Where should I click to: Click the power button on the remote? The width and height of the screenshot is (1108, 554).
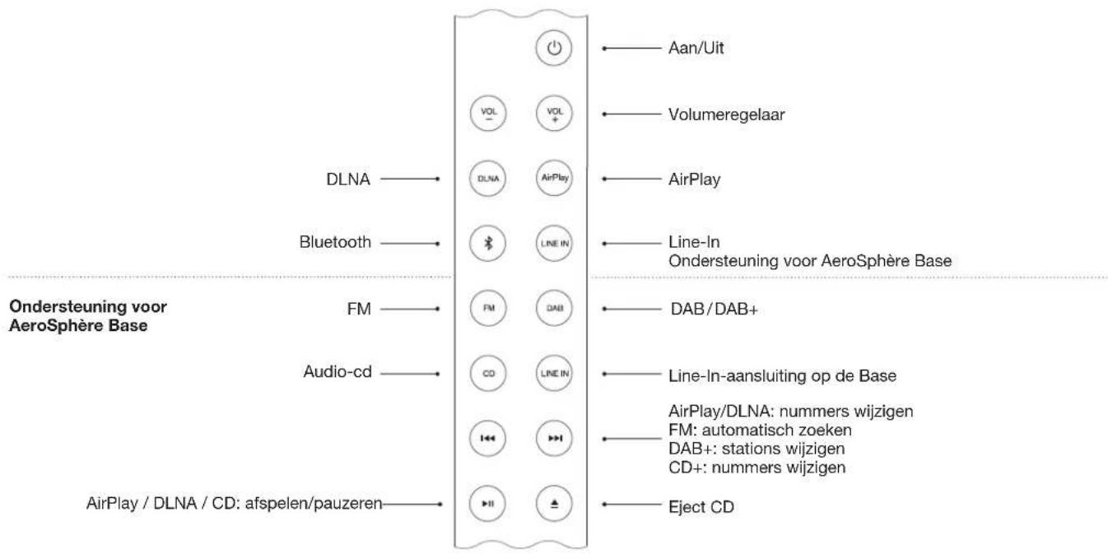tap(553, 49)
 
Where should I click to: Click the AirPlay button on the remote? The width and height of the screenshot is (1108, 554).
tap(553, 177)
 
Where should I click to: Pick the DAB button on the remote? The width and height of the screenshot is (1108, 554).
tap(553, 309)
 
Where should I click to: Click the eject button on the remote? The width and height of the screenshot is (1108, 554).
tap(553, 503)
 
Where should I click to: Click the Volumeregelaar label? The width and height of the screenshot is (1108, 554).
tap(725, 114)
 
